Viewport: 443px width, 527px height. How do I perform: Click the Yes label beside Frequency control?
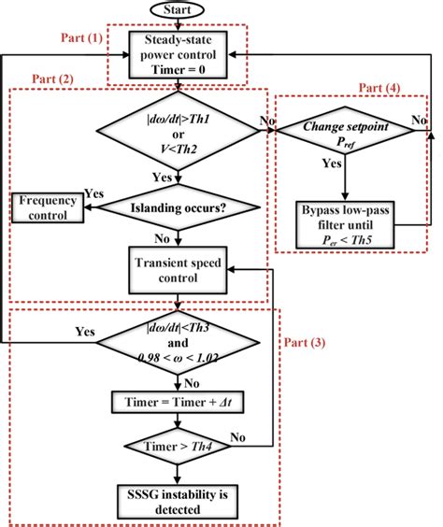[x=94, y=192]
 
